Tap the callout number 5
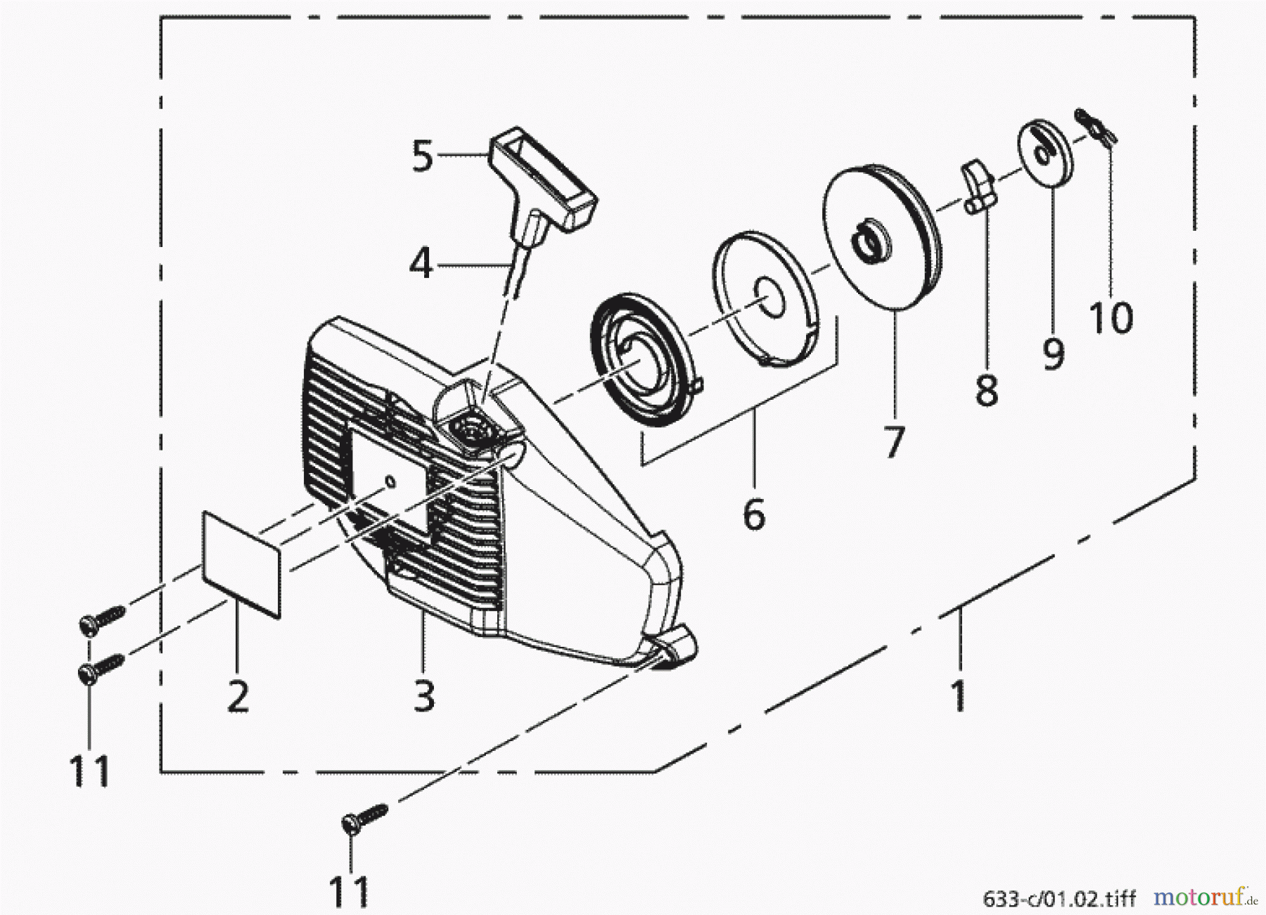tap(422, 157)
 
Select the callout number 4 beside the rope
tap(421, 265)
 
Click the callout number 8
tap(987, 389)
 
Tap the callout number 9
tap(1053, 354)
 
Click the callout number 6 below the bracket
tap(754, 515)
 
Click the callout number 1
tap(959, 695)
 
